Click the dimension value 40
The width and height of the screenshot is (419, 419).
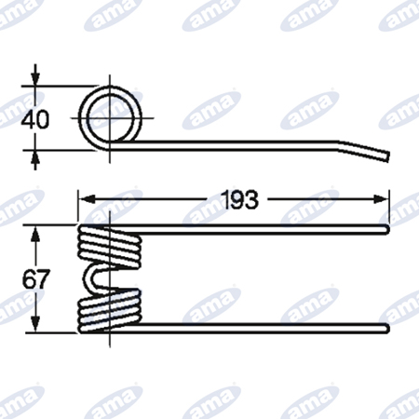point(34,119)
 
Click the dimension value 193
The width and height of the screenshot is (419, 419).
point(239,199)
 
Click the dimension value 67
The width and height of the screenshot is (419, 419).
point(36,279)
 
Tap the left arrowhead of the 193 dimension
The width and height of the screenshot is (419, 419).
point(87,199)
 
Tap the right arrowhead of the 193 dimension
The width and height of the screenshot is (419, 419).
point(381,199)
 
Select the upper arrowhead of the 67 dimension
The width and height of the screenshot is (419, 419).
point(36,234)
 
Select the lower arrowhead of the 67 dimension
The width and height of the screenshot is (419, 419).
point(36,324)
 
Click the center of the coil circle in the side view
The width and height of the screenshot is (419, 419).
point(110,118)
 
